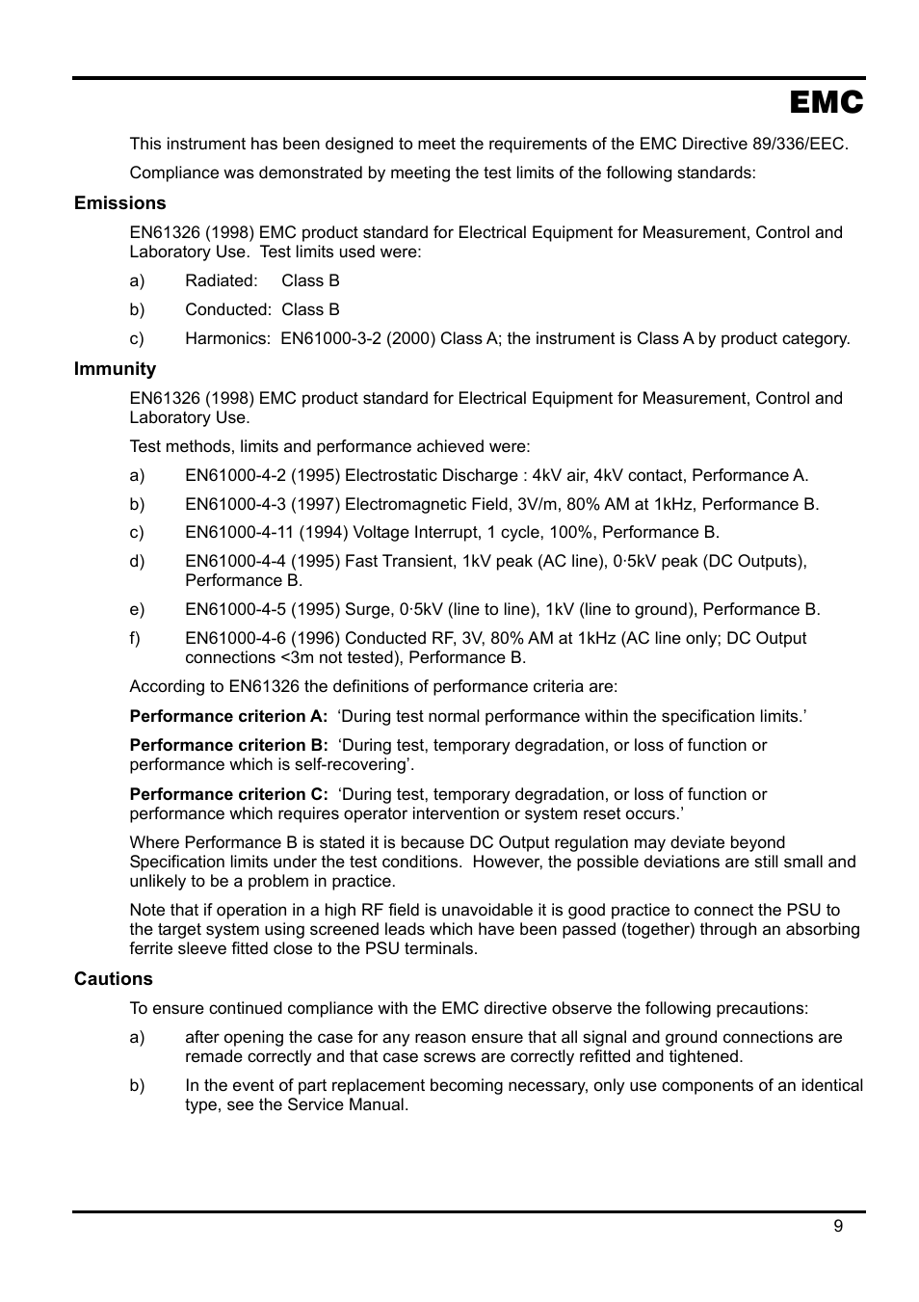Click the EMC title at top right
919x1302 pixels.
(826, 103)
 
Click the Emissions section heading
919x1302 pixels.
(119, 203)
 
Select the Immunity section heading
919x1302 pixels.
(115, 369)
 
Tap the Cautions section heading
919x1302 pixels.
(113, 979)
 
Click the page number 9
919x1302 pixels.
(837, 1226)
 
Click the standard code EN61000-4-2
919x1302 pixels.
(235, 475)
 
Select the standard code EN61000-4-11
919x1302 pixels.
(239, 532)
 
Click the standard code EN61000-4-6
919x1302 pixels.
(235, 638)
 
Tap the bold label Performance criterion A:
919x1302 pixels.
(228, 716)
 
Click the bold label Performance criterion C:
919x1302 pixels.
(228, 794)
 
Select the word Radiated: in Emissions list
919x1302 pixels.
(221, 280)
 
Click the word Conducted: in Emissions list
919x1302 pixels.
(227, 309)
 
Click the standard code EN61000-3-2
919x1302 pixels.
(330, 338)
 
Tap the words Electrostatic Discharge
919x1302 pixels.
(430, 475)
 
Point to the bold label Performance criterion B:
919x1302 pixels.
(228, 745)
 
